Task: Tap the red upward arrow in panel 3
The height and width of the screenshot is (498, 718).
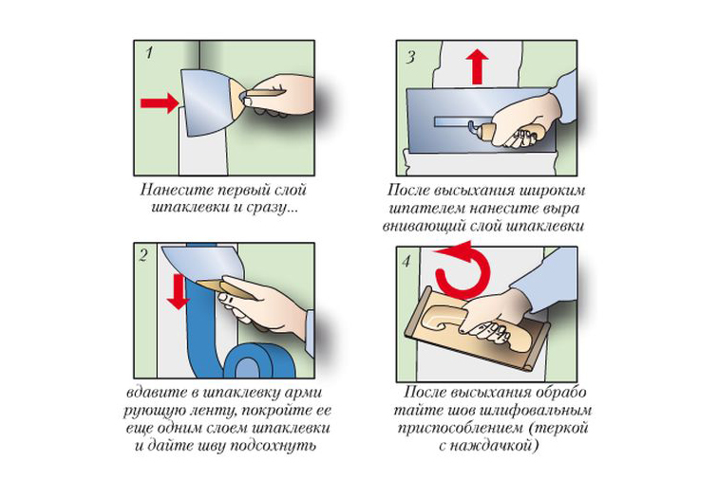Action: [x=477, y=66]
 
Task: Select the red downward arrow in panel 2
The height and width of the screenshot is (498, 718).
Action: [x=179, y=291]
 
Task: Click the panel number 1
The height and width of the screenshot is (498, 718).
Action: [x=149, y=53]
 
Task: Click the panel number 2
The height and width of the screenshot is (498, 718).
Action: [x=143, y=255]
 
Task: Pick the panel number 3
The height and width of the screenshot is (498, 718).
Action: [x=410, y=57]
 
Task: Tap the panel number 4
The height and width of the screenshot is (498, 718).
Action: [x=406, y=262]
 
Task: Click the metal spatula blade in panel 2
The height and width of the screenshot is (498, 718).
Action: [x=201, y=263]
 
